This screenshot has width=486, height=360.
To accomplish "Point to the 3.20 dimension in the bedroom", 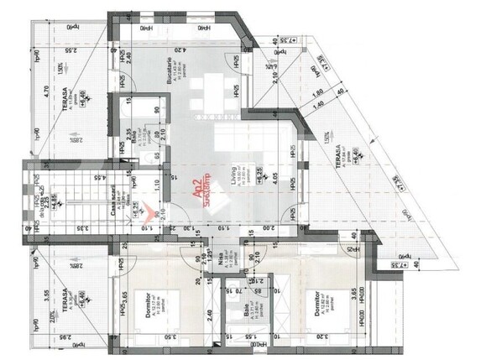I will click(x=320, y=338).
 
